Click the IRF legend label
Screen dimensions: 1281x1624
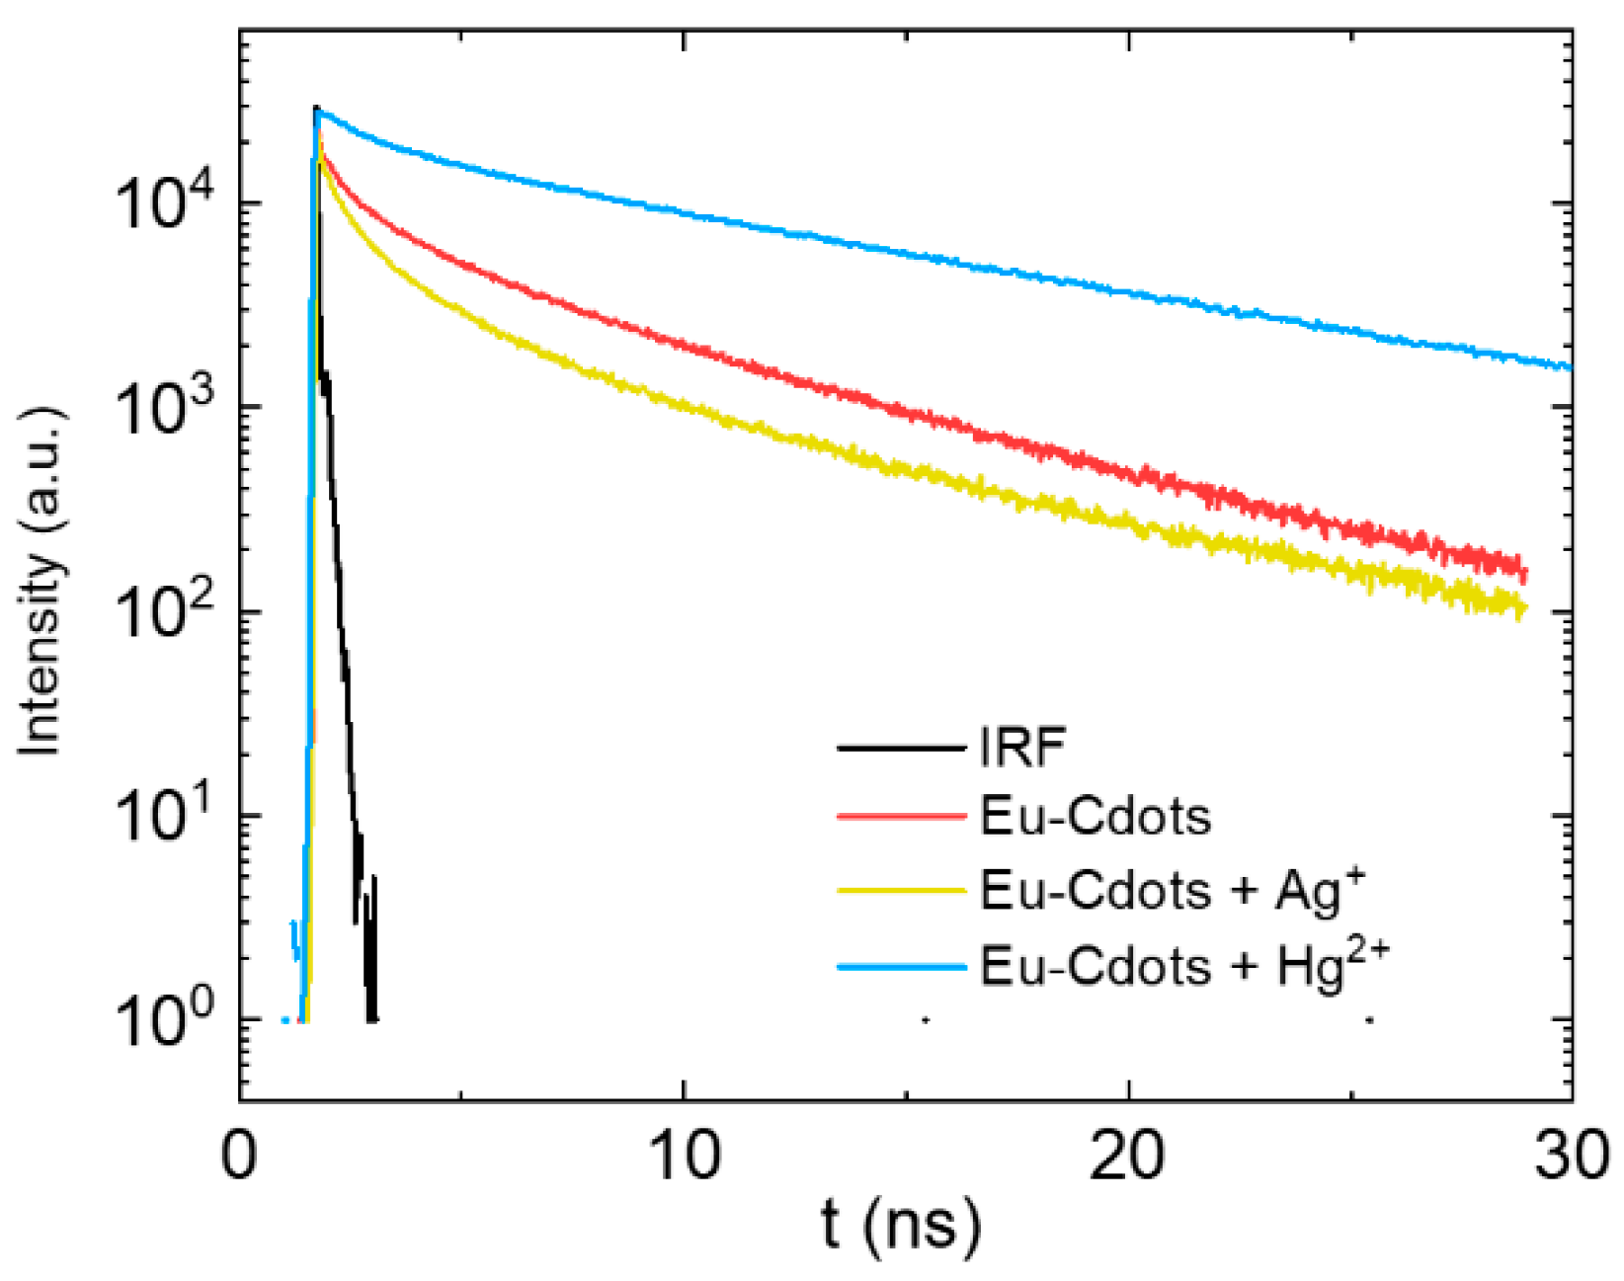[1021, 747]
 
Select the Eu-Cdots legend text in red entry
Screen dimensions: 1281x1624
[1095, 817]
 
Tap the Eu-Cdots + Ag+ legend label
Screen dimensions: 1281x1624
[1172, 890]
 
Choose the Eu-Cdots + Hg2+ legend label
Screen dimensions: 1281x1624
[1183, 965]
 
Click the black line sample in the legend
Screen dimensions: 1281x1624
[901, 749]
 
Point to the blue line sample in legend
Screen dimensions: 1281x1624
[901, 967]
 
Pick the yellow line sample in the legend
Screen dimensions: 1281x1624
[901, 891]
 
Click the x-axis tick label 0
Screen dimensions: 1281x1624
[240, 1153]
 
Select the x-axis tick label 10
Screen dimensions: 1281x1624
[684, 1153]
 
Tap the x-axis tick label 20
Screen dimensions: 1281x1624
[1127, 1153]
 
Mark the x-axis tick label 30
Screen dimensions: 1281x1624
[1571, 1153]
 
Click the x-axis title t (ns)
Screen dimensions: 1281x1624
[901, 1225]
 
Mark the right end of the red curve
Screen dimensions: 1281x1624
[1525, 571]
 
